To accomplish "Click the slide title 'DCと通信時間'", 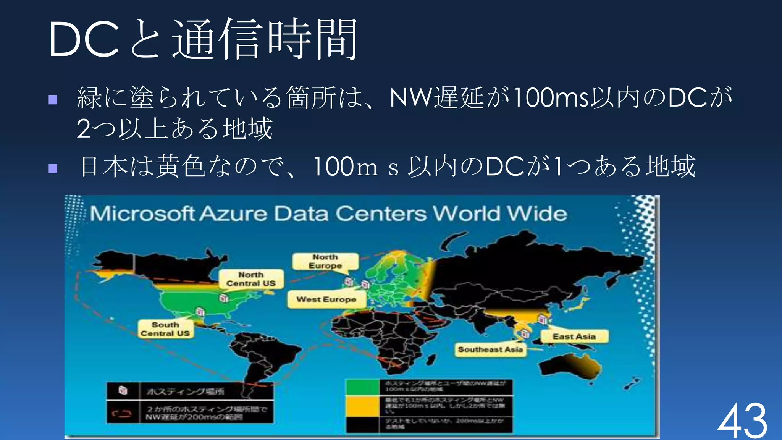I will point(203,39).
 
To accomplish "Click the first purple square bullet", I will point(53,100).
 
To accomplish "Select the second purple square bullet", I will point(53,168).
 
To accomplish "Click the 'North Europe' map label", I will point(325,262).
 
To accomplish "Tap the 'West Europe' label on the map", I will point(326,299).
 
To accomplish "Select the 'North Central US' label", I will point(251,279).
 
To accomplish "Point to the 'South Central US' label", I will point(165,329).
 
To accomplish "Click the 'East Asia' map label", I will point(574,336).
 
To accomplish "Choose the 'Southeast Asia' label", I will point(490,349).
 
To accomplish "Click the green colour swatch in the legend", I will point(362,387).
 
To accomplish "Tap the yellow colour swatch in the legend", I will point(362,406).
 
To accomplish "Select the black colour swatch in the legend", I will point(362,424).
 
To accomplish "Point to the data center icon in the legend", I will point(123,390).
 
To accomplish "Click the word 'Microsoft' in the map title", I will point(142,214).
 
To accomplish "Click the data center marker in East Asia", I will point(542,319).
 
